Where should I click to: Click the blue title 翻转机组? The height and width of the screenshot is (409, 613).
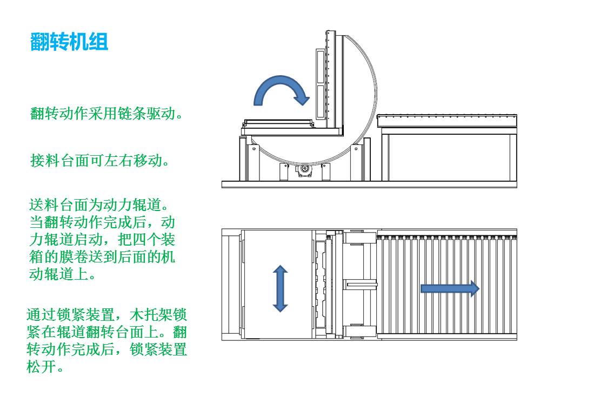(x=69, y=42)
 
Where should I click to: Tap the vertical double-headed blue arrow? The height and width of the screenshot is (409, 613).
(x=280, y=288)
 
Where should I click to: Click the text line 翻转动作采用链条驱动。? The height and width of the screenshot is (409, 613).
(x=106, y=114)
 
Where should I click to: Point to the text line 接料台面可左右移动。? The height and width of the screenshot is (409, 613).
(x=99, y=161)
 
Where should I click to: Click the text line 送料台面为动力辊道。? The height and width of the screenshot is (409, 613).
(x=100, y=206)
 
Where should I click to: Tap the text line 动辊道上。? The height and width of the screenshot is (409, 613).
(x=62, y=274)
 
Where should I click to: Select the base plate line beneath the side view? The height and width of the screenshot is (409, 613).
(x=369, y=184)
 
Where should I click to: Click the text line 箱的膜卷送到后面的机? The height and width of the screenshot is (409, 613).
(x=102, y=257)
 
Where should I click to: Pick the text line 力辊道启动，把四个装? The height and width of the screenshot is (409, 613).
(x=102, y=240)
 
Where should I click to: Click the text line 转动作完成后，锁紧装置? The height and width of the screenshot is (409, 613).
(x=106, y=349)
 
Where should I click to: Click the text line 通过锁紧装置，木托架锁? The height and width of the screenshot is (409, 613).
(x=106, y=314)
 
